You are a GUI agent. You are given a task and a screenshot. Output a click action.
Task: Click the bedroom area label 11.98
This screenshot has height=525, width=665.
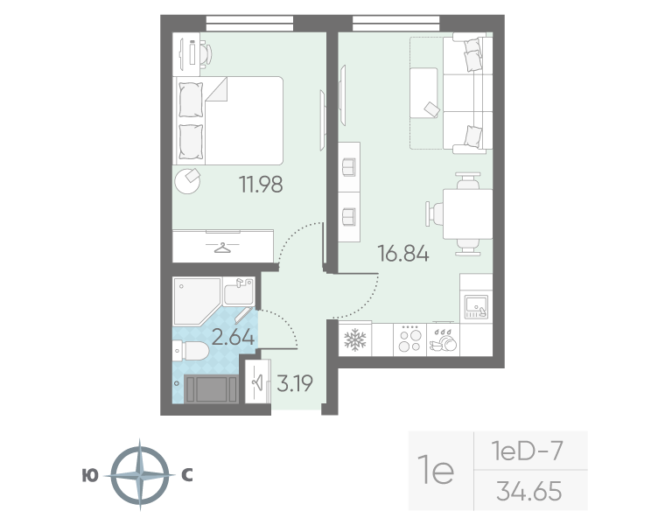click(261, 185)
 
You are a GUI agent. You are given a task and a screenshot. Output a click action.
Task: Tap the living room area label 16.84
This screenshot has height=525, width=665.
click(403, 254)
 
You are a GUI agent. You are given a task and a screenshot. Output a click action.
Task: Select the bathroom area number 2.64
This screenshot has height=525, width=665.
click(233, 338)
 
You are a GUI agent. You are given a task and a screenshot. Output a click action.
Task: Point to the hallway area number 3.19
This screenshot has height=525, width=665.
click(295, 383)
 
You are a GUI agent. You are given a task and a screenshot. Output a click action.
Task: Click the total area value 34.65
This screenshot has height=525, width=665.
click(529, 491)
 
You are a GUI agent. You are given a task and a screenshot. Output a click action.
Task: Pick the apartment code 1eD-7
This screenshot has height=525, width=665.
click(527, 451)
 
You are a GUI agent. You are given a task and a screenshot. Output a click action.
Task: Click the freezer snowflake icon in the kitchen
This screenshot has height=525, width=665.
click(354, 339)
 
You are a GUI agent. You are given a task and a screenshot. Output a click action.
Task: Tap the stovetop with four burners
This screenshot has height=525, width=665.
click(410, 339)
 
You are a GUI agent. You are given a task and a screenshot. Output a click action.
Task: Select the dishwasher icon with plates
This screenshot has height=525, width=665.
click(444, 339)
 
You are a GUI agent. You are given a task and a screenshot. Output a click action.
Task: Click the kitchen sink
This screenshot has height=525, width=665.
click(476, 306)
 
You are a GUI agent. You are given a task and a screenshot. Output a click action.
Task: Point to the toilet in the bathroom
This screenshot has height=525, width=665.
click(192, 351)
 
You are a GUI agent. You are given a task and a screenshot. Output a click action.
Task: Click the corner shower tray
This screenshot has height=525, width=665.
click(197, 301)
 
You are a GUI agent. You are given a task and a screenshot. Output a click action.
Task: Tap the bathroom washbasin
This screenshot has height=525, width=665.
click(239, 291)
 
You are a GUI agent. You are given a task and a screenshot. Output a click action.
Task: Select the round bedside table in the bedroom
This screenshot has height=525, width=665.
click(187, 181)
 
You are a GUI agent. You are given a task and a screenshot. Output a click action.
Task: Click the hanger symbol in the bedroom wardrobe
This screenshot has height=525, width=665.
click(221, 248)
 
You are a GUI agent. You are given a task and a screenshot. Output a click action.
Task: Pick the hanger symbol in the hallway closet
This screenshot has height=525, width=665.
click(257, 382)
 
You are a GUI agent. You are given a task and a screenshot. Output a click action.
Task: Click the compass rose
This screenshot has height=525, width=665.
click(140, 474)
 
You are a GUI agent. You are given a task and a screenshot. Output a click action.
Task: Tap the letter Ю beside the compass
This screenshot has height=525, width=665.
click(90, 476)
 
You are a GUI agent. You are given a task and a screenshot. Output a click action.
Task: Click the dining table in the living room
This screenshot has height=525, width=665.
click(467, 214)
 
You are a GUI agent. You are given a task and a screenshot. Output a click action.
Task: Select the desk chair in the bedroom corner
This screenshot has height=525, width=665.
click(206, 53)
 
